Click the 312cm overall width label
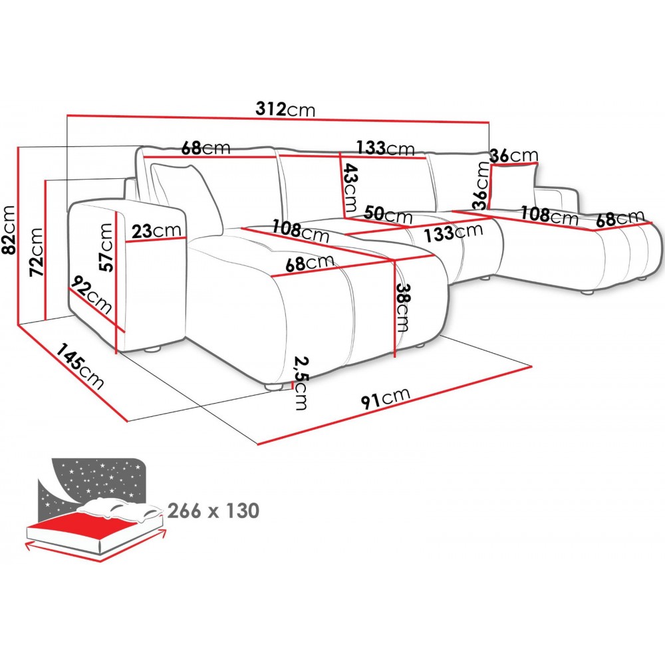285,110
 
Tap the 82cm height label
9,229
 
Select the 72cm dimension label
36,252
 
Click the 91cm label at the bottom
386,398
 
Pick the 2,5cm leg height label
301,384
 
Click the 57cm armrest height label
106,247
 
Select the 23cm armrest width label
156,231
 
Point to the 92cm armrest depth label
92,295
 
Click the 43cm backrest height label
350,188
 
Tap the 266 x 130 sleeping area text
213,511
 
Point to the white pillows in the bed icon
120,509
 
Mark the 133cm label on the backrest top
385,148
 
